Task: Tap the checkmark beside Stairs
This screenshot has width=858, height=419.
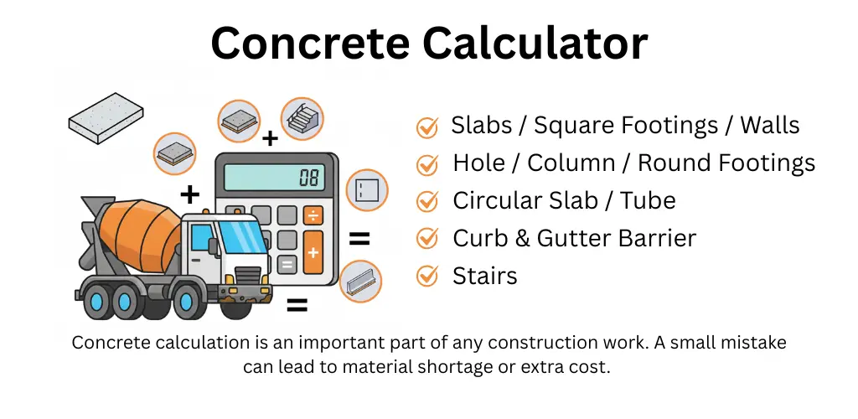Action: tap(427, 276)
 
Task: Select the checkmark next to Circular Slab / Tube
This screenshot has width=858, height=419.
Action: tap(427, 201)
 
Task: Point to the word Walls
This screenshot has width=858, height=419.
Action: tap(769, 126)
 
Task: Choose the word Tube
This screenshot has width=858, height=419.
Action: tap(648, 200)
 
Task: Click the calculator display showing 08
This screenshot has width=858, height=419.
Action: tap(276, 175)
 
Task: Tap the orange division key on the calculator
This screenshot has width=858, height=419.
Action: tap(313, 216)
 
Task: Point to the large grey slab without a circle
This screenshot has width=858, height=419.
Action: tap(105, 114)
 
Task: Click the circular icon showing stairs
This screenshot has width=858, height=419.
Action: tap(302, 118)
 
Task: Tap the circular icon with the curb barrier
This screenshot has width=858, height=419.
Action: tap(360, 282)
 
